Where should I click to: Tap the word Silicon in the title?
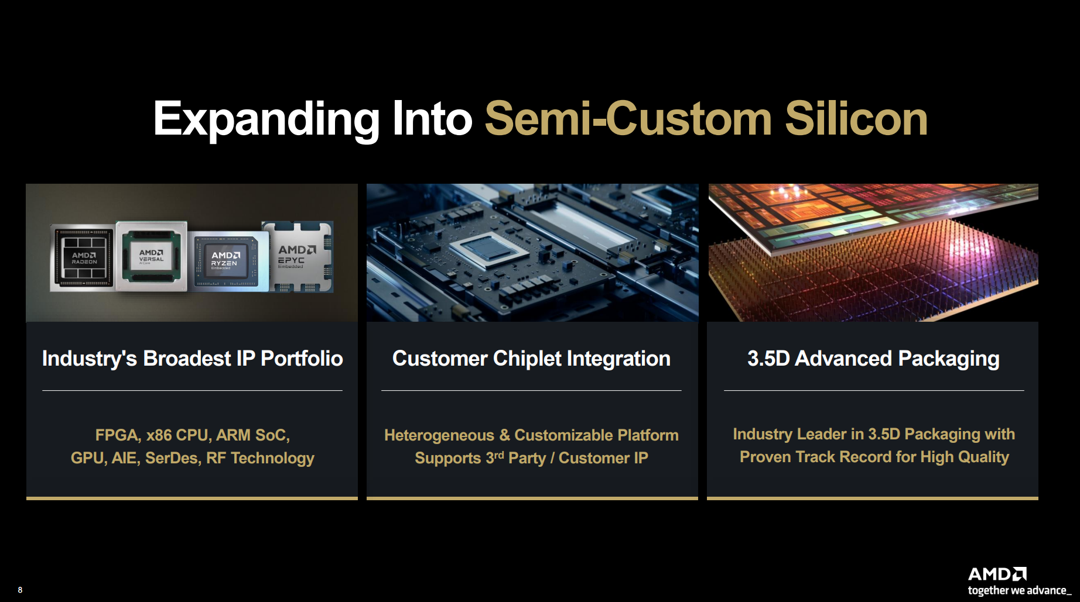click(856, 119)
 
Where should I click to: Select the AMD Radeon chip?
click(83, 257)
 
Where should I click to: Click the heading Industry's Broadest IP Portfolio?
click(192, 359)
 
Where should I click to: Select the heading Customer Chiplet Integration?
click(531, 359)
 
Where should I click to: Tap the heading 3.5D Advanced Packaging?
click(873, 359)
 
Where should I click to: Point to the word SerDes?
click(173, 457)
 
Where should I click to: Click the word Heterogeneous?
click(439, 435)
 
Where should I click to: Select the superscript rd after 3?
click(499, 455)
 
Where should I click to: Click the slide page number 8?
click(20, 590)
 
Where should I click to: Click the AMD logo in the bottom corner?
click(997, 574)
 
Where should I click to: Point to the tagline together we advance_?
click(1020, 590)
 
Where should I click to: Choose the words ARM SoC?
click(253, 435)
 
